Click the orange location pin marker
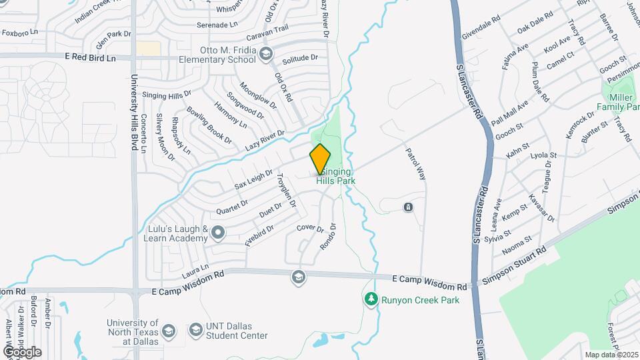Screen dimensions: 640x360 pyautogui.click(x=320, y=159)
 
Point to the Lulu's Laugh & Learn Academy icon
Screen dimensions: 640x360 pyautogui.click(x=219, y=233)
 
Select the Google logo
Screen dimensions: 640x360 pyautogui.click(x=22, y=351)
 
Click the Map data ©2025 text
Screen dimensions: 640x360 pyautogui.click(x=611, y=355)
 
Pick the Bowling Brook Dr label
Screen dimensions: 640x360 pyautogui.click(x=209, y=125)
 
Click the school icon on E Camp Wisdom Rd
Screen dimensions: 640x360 pyautogui.click(x=298, y=277)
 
